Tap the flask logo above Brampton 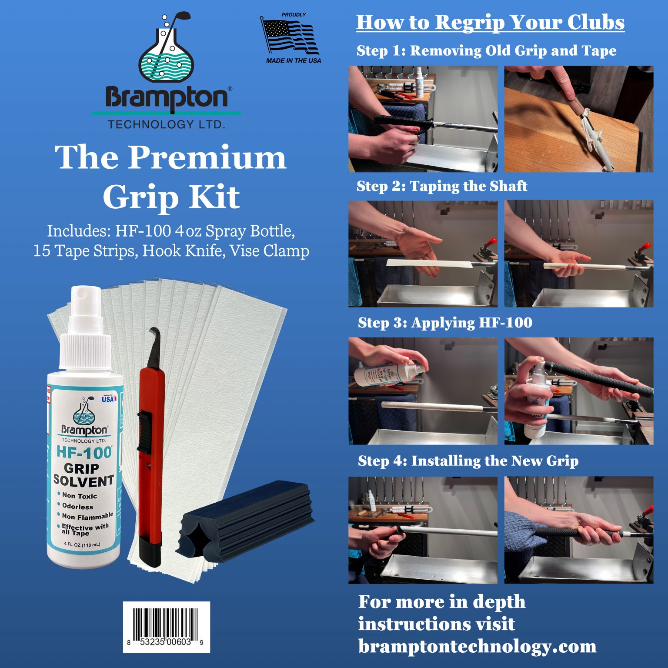click(x=166, y=50)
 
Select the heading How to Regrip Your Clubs click(x=490, y=22)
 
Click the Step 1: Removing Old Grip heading click(x=486, y=50)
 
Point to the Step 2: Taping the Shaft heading click(x=441, y=186)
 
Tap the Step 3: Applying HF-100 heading click(x=444, y=323)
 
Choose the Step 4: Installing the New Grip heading click(x=468, y=461)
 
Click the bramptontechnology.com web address click(x=477, y=646)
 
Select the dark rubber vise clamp click(x=246, y=520)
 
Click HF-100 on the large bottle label click(x=84, y=453)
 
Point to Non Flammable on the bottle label click(x=87, y=516)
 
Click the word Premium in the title click(x=207, y=157)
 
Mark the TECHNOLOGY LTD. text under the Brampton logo click(x=166, y=124)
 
